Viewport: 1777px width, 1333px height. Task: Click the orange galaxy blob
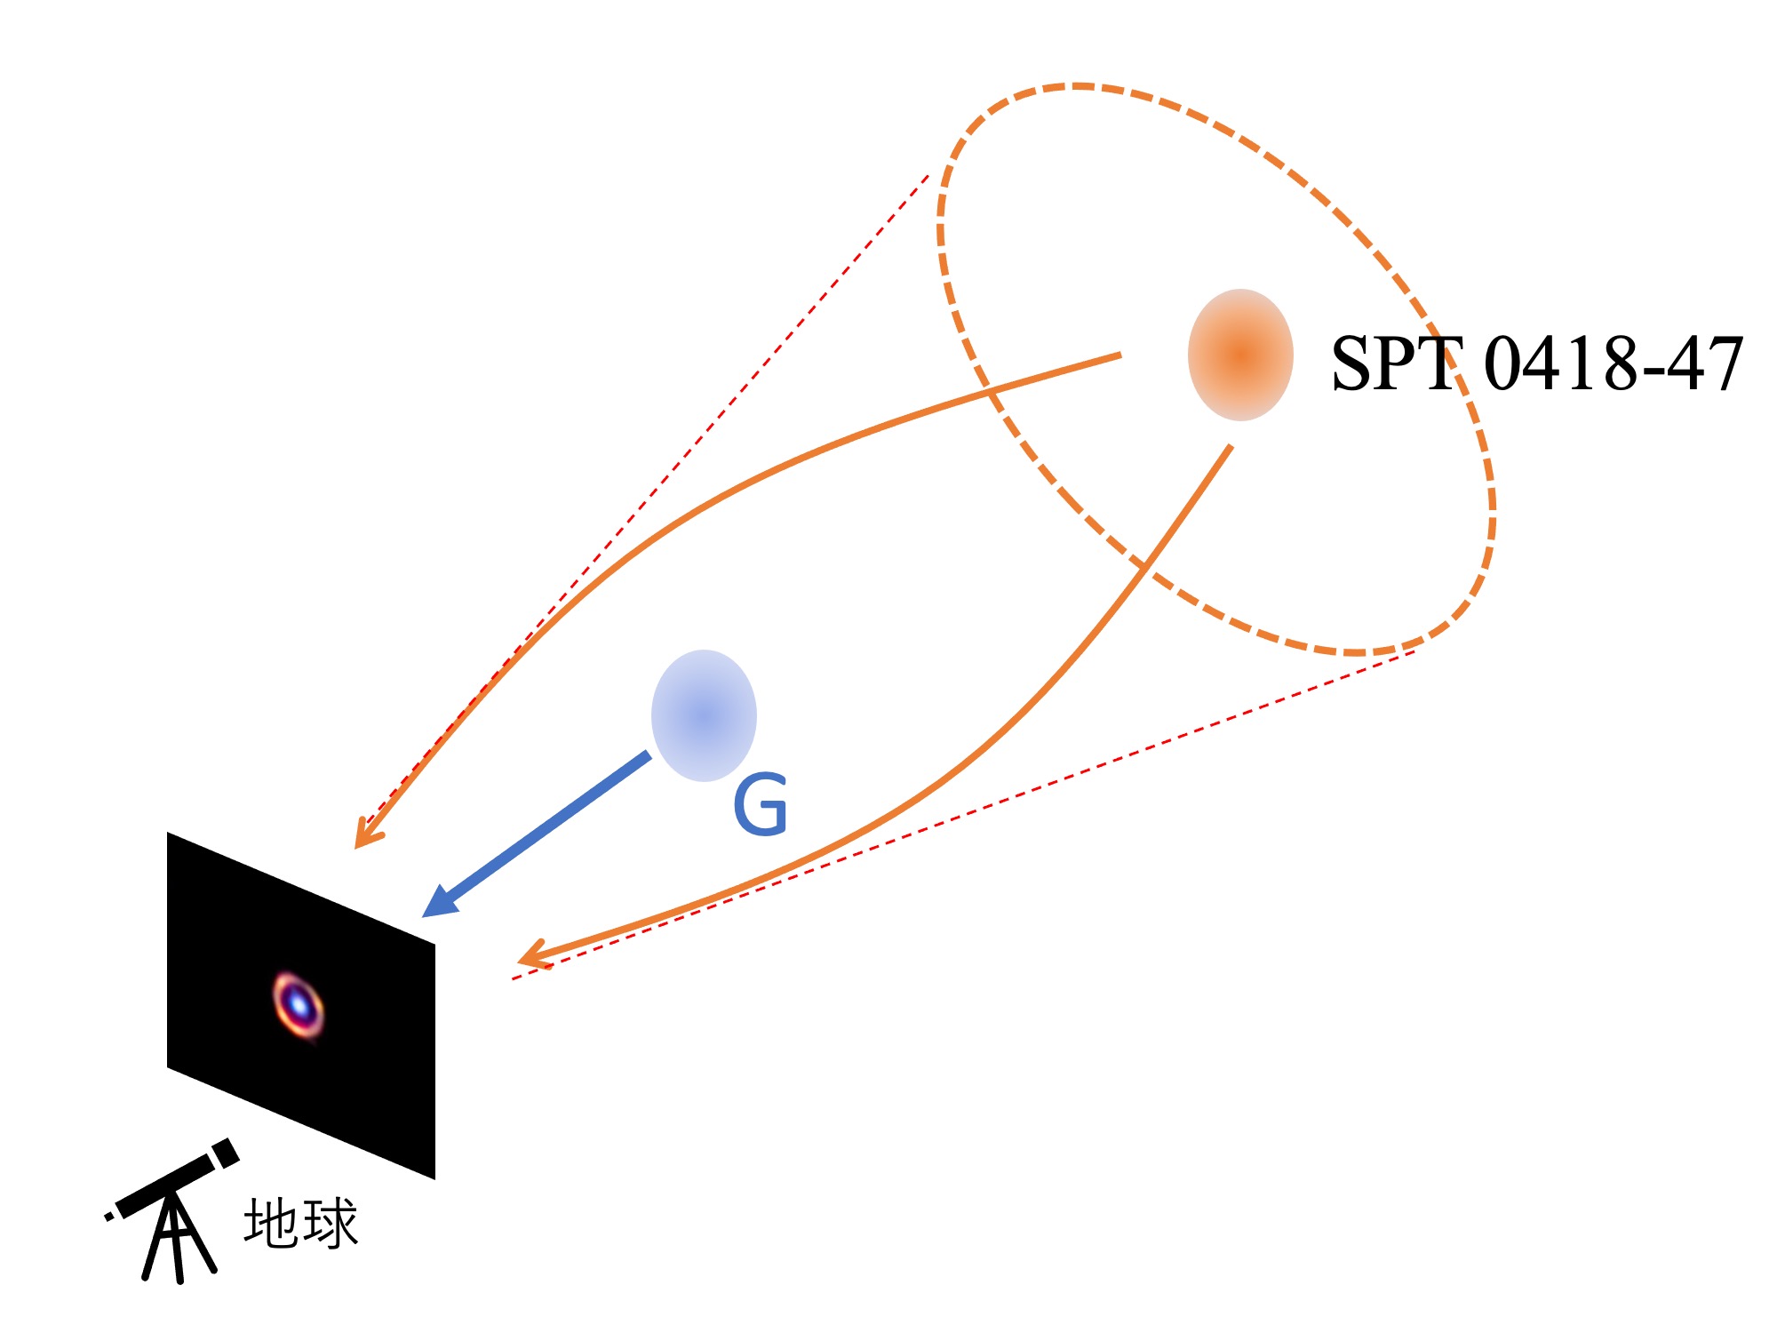[x=1240, y=355]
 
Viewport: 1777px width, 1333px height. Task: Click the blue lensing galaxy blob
[x=704, y=715]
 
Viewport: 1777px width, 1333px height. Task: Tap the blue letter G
[x=761, y=804]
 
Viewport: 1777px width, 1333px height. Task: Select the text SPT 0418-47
[x=1537, y=363]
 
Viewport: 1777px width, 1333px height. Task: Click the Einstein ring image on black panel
[x=299, y=1006]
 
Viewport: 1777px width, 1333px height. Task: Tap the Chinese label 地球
[x=301, y=1223]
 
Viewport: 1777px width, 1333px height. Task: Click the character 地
[x=272, y=1223]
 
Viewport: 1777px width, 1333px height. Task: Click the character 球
[x=331, y=1223]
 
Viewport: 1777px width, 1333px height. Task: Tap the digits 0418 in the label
[x=1561, y=363]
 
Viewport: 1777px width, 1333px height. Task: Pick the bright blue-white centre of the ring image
[x=299, y=1006]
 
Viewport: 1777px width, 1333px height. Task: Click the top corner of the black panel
[x=168, y=833]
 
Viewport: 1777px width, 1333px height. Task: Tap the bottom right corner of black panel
[x=434, y=1179]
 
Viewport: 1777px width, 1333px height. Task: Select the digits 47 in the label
[x=1705, y=363]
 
